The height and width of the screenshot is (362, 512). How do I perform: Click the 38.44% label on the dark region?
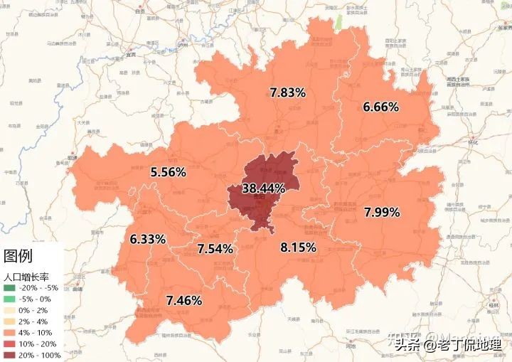(x=263, y=188)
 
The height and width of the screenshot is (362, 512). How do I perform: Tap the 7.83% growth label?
(x=287, y=92)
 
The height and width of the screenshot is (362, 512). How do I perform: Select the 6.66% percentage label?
(x=380, y=107)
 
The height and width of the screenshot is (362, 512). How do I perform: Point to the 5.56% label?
(x=169, y=172)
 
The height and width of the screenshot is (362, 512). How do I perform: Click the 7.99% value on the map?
(x=382, y=212)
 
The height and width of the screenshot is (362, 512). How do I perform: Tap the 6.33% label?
(x=148, y=239)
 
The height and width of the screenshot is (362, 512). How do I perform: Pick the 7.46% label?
(x=183, y=300)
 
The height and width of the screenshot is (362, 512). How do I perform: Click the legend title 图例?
(x=18, y=256)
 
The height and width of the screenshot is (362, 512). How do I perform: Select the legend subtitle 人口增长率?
(x=27, y=275)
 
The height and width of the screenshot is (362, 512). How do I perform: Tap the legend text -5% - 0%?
(x=43, y=299)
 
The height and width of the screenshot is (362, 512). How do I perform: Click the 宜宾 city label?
(x=129, y=54)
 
